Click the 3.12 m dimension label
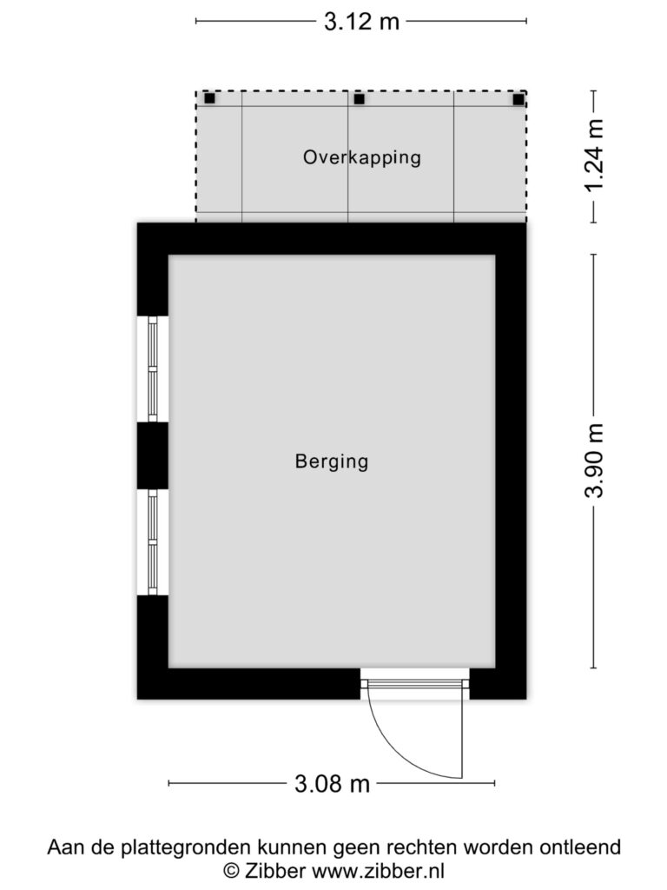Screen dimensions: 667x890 (x=361, y=22)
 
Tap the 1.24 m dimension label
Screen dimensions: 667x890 (x=594, y=156)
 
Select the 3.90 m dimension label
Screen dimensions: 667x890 (x=594, y=461)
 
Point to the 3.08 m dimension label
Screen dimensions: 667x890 (x=332, y=784)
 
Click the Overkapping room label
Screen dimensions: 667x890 (x=362, y=157)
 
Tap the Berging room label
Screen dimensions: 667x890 (x=332, y=461)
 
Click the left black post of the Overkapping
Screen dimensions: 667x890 (x=210, y=98)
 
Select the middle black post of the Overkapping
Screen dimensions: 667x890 (x=359, y=99)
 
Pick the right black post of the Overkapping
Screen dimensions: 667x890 (x=518, y=100)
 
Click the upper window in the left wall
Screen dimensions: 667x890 (x=153, y=369)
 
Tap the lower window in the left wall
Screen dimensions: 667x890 (x=153, y=542)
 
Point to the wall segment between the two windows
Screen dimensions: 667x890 (x=153, y=455)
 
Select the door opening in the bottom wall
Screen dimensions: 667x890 (x=415, y=683)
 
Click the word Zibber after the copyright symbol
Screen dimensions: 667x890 (x=275, y=870)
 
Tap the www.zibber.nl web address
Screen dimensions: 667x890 (x=379, y=870)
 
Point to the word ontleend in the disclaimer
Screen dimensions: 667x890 (x=579, y=847)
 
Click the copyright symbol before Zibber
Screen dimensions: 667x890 (x=231, y=870)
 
